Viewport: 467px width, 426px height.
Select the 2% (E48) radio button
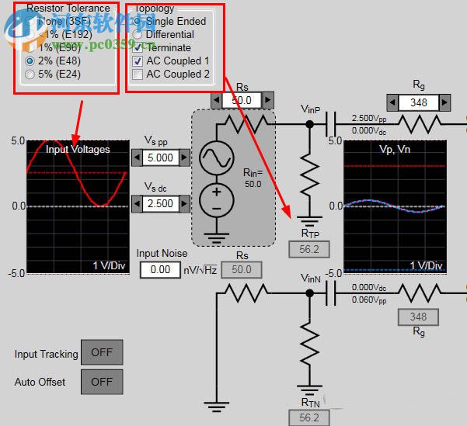[x=30, y=61]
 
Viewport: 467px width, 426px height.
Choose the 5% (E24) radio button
[x=30, y=74]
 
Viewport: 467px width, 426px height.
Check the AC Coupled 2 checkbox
[x=138, y=74]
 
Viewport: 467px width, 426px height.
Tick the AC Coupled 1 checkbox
[x=138, y=61]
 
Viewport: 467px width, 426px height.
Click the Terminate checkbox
[x=138, y=47]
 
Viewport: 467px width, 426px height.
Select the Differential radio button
[x=138, y=34]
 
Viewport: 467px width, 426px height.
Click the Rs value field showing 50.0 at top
[x=242, y=100]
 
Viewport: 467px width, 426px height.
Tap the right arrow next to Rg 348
[x=444, y=102]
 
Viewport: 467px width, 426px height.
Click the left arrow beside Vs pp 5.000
[x=137, y=158]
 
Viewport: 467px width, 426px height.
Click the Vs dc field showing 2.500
[x=161, y=203]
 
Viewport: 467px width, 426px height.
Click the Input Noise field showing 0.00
[x=160, y=269]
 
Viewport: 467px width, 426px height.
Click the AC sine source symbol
[x=216, y=158]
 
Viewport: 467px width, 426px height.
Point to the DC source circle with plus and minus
[x=216, y=201]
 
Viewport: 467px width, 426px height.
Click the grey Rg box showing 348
[x=418, y=317]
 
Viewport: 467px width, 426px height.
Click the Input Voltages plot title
[x=78, y=149]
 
